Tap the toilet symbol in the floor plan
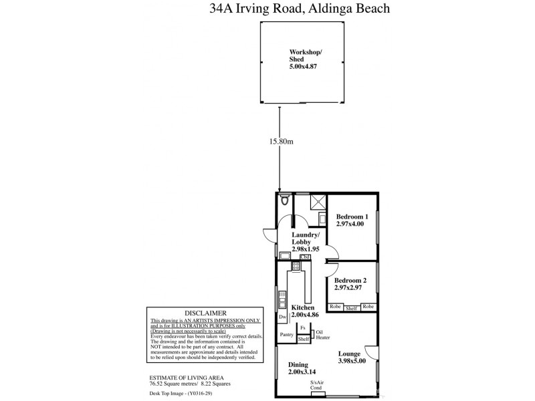[x=286, y=199]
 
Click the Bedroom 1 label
[x=352, y=217]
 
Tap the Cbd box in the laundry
[x=306, y=257]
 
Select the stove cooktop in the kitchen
[x=296, y=267]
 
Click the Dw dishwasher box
[x=282, y=316]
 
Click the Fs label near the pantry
[x=303, y=327]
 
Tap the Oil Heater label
[x=323, y=334]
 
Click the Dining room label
[x=299, y=365]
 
